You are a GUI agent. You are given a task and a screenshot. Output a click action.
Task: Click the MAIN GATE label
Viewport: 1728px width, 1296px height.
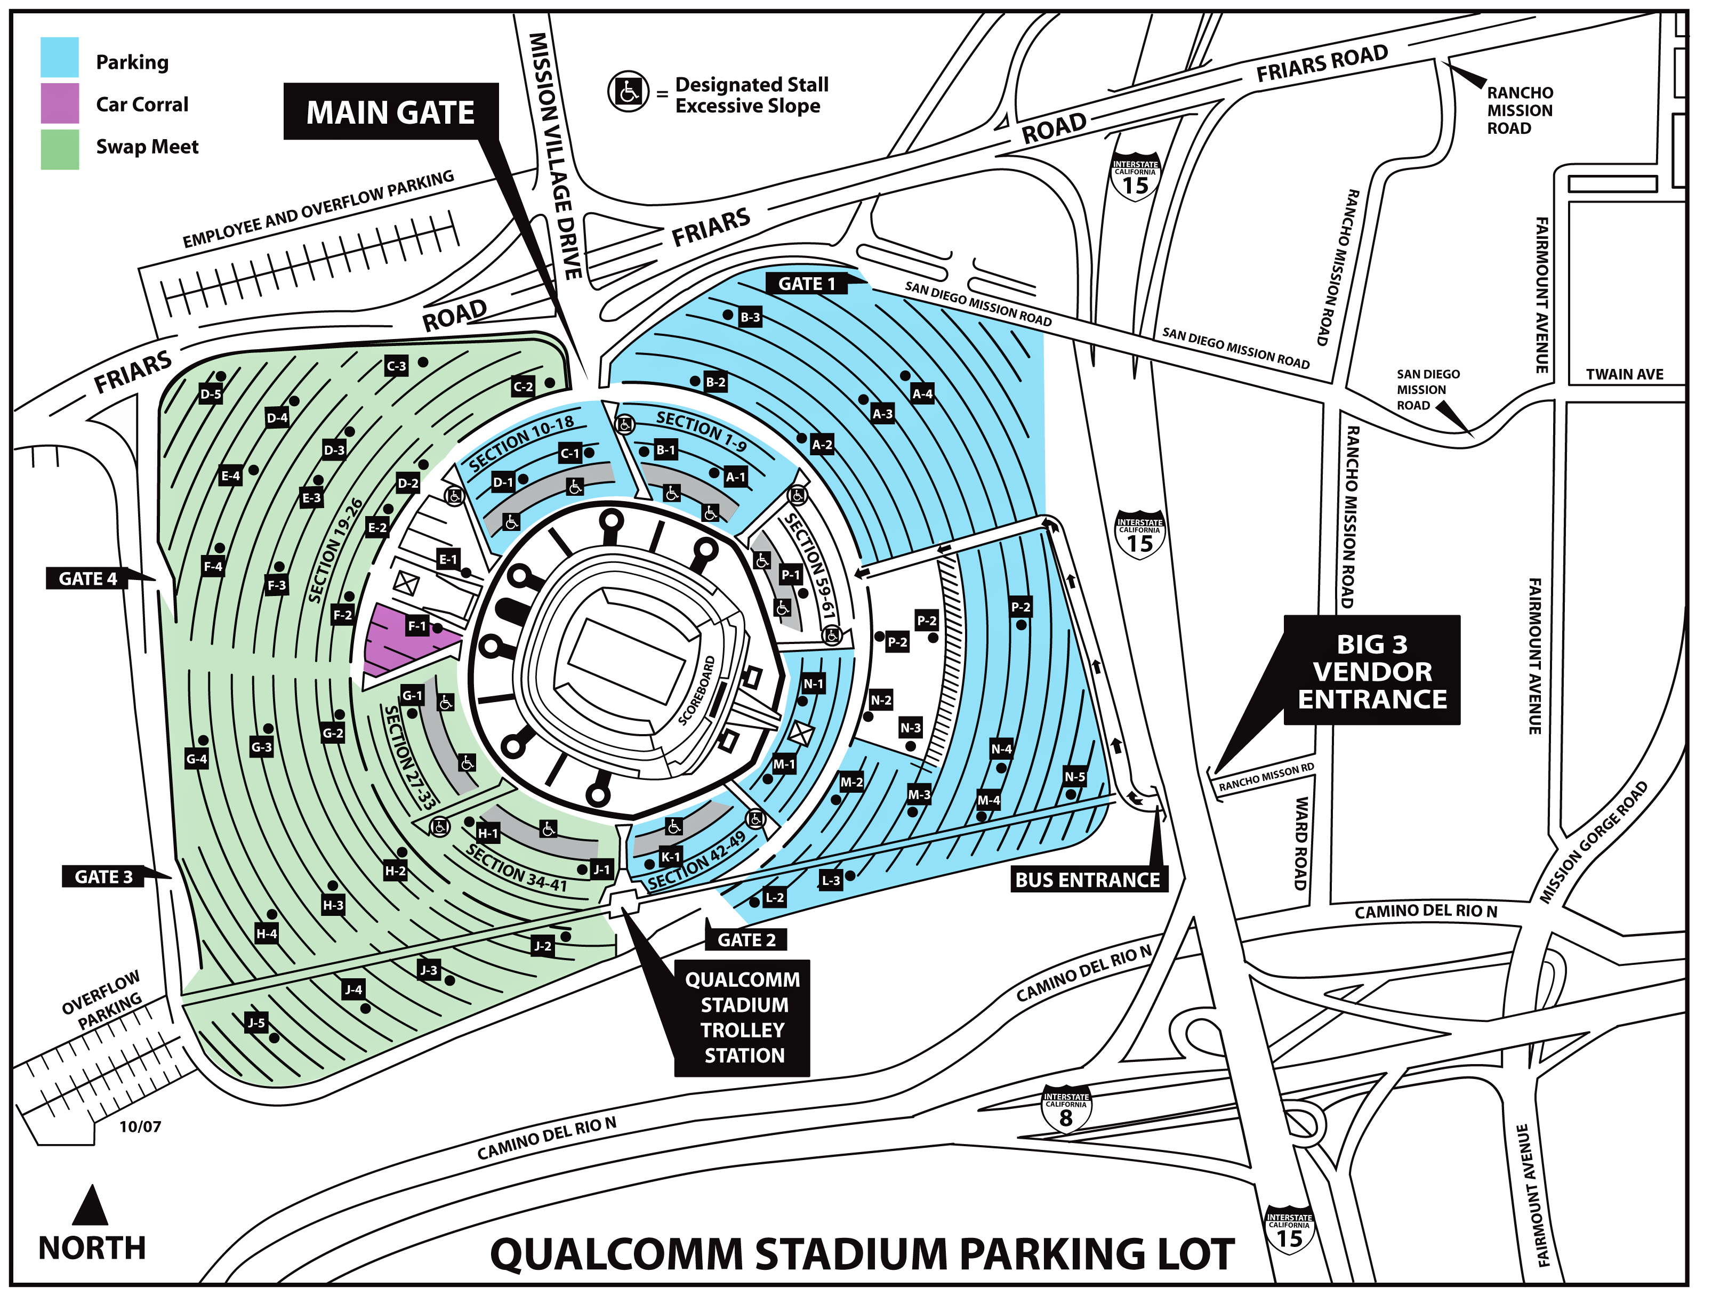click(x=390, y=113)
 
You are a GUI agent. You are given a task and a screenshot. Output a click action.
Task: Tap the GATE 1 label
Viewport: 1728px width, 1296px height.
click(x=806, y=284)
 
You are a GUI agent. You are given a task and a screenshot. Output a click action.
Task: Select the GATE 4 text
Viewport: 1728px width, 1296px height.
click(x=87, y=579)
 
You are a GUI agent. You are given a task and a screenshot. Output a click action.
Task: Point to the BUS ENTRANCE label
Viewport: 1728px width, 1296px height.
click(x=1087, y=880)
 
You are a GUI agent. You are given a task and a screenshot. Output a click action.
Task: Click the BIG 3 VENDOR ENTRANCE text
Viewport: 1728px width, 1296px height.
click(x=1372, y=672)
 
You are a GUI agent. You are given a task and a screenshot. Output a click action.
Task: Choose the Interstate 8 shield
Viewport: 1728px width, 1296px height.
click(x=1066, y=1113)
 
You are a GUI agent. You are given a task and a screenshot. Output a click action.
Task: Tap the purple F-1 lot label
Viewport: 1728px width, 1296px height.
click(x=417, y=626)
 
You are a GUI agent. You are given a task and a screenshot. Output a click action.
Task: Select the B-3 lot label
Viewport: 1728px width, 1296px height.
click(x=750, y=317)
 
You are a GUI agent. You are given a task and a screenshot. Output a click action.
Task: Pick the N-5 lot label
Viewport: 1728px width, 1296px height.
click(x=1074, y=777)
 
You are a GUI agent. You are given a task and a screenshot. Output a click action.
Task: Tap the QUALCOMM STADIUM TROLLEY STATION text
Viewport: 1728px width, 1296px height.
click(x=743, y=1017)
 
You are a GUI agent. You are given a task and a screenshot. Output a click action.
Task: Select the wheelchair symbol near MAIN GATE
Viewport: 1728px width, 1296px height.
click(x=629, y=92)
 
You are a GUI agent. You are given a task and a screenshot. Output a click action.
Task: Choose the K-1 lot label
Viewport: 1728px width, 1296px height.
click(x=670, y=857)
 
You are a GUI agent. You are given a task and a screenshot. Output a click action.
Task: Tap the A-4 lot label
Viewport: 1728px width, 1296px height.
click(x=922, y=394)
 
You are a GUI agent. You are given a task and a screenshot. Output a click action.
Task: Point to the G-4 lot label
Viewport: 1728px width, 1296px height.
click(x=197, y=759)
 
